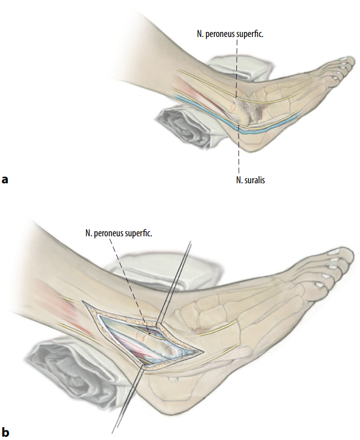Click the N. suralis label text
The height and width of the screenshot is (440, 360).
pos(250,180)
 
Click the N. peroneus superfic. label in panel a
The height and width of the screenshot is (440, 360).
pos(230,35)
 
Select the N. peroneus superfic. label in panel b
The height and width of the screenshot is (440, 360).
pos(119,233)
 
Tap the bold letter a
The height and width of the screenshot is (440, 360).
pos(5,179)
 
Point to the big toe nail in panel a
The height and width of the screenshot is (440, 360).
pos(343,59)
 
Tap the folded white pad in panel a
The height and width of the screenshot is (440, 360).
pos(241,69)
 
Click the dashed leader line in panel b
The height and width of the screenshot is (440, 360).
pos(130,287)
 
